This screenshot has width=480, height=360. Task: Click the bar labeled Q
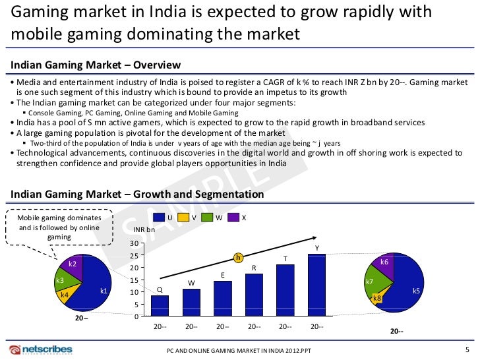tap(160, 306)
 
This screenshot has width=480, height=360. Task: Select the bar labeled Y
tap(316, 285)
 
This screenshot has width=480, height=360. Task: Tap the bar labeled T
tap(285, 291)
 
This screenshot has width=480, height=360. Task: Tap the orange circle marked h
tap(239, 257)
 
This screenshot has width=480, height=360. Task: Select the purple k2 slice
tap(73, 264)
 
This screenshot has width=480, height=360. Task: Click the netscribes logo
tap(40, 349)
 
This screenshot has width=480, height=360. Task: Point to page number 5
tap(467, 349)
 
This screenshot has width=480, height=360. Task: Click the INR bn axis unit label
tap(144, 230)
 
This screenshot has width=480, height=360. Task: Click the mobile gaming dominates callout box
tap(59, 227)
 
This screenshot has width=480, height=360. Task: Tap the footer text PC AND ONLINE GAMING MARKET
tap(240, 351)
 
